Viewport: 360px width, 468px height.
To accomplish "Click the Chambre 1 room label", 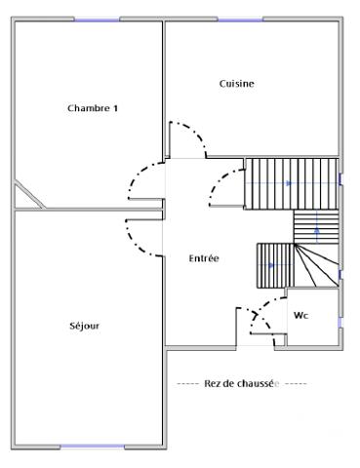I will [x=93, y=108].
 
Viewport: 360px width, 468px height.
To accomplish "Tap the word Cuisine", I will [x=236, y=84].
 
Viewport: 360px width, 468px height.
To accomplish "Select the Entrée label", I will [x=203, y=258].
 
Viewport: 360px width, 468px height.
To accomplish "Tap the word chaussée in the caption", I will [x=258, y=383].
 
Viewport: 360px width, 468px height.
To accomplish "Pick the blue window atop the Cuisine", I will [x=240, y=18].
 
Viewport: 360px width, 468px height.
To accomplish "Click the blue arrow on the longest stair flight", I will [x=287, y=183].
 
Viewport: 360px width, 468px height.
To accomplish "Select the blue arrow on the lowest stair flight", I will [x=271, y=264].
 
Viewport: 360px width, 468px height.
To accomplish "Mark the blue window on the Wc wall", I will [x=340, y=320].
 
